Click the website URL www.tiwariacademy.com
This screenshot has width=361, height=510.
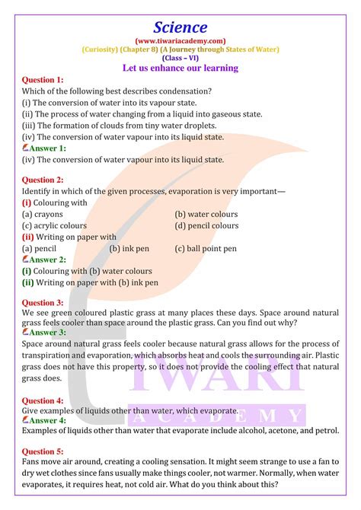[x=180, y=39]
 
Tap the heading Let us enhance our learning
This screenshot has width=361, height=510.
[x=180, y=68]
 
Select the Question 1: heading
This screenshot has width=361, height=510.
[x=43, y=80]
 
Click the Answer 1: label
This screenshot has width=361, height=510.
[x=46, y=148]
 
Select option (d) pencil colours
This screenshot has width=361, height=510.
[x=206, y=225]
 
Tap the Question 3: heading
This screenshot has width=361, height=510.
[x=43, y=302]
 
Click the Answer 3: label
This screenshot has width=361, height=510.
[x=46, y=333]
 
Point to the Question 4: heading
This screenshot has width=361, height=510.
[x=43, y=400]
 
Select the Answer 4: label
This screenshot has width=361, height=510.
[x=46, y=419]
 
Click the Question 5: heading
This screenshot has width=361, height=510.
[x=43, y=451]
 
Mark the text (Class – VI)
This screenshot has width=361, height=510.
[x=180, y=58]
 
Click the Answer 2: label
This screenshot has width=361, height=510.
[x=46, y=260]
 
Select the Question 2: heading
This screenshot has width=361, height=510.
[x=43, y=180]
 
